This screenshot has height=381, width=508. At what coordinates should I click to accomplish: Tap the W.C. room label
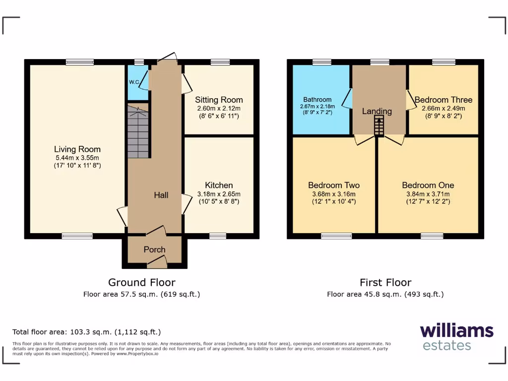134,82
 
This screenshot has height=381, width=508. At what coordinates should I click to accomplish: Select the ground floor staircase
138,133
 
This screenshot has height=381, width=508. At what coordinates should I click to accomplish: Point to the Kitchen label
219,185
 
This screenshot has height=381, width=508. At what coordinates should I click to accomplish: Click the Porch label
154,250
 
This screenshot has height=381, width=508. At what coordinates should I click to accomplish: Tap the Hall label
161,195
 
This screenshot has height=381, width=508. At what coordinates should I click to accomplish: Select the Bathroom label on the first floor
317,100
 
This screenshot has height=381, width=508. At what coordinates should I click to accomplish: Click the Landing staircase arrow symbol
379,126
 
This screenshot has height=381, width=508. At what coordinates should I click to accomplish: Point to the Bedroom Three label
443,100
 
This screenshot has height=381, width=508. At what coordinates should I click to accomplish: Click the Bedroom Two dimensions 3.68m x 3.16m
334,194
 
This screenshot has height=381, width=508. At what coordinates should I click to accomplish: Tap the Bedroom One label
428,185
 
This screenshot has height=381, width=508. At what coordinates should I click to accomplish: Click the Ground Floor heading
142,282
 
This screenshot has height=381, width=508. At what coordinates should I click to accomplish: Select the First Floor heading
385,282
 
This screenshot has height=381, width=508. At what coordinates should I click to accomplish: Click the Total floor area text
87,332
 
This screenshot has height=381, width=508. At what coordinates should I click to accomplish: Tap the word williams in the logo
456,330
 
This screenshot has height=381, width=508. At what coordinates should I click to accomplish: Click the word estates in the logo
446,345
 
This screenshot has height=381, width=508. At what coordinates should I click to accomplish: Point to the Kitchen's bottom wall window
218,236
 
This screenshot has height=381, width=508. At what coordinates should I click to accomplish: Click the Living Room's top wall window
79,62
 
